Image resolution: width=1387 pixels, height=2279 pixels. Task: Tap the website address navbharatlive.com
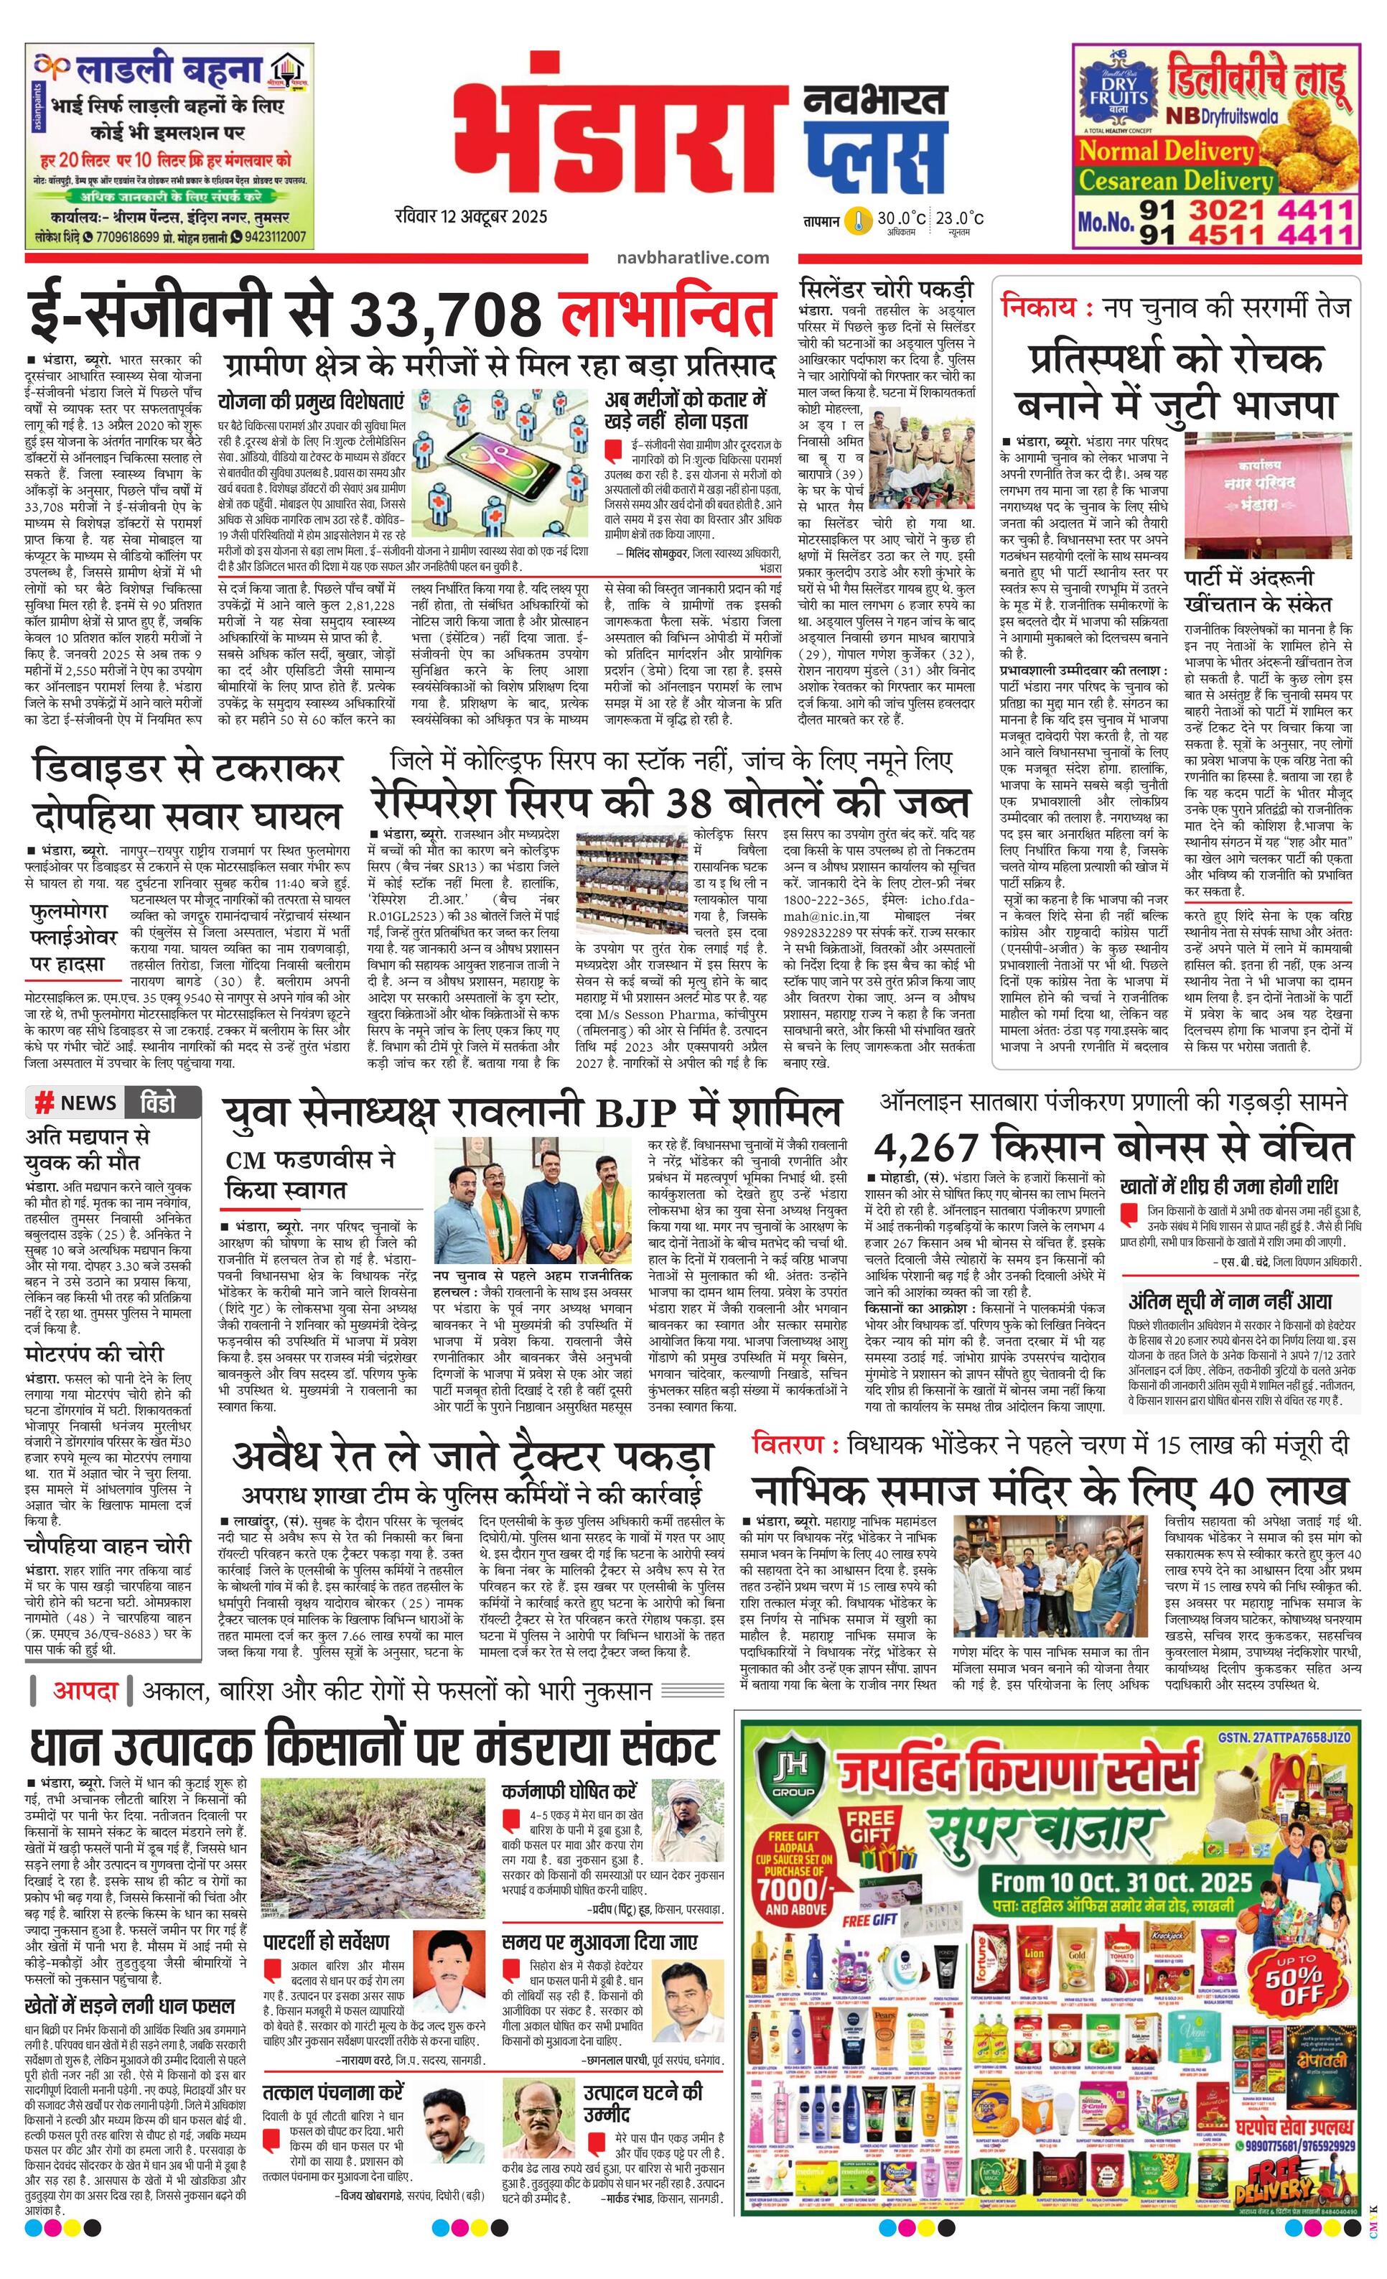(693, 257)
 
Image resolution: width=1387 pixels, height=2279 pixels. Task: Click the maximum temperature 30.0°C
(901, 218)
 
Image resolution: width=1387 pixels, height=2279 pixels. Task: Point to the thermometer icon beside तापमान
(860, 220)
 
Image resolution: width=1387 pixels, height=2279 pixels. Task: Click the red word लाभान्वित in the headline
(667, 314)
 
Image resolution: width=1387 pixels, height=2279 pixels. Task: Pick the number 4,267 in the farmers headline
(928, 1146)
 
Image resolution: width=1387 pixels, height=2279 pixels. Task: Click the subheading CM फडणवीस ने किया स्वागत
(309, 1173)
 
